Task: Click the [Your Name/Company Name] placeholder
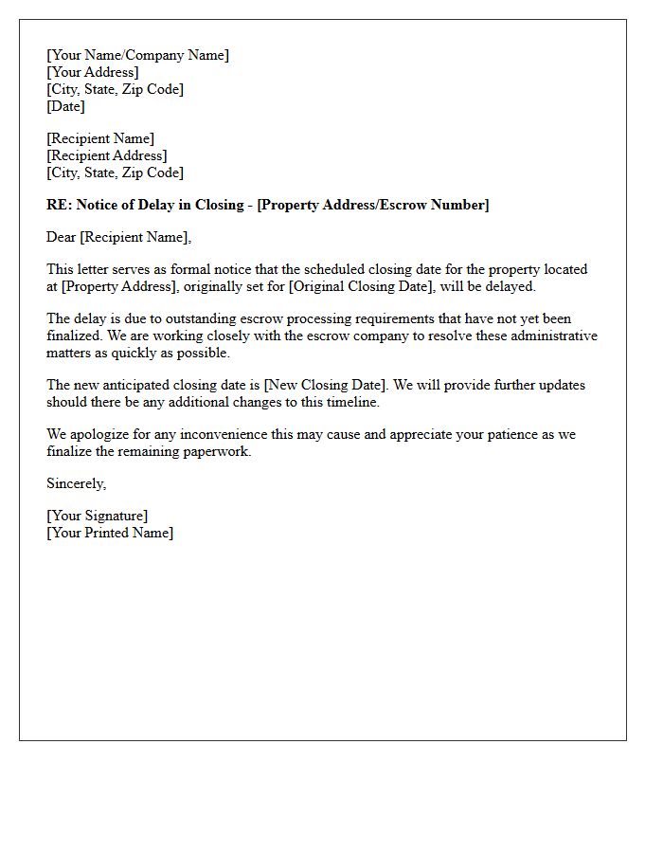pyautogui.click(x=137, y=55)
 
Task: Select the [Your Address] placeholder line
pyautogui.click(x=93, y=72)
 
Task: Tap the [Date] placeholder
pyautogui.click(x=65, y=106)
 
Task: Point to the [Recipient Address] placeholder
pyautogui.click(x=107, y=155)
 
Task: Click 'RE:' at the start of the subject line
pyautogui.click(x=58, y=205)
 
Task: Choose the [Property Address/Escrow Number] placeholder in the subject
pyautogui.click(x=373, y=205)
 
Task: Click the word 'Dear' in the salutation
pyautogui.click(x=62, y=237)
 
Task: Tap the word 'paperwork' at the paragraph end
pyautogui.click(x=220, y=451)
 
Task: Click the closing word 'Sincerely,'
pyautogui.click(x=77, y=483)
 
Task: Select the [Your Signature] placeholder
pyautogui.click(x=98, y=516)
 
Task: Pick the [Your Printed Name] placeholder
pyautogui.click(x=110, y=533)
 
